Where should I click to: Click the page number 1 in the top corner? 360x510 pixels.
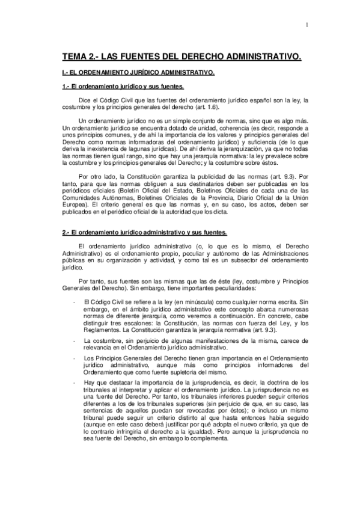click(306, 25)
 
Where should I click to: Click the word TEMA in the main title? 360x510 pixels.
click(77, 57)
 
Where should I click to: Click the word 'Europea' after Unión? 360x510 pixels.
click(77, 204)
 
